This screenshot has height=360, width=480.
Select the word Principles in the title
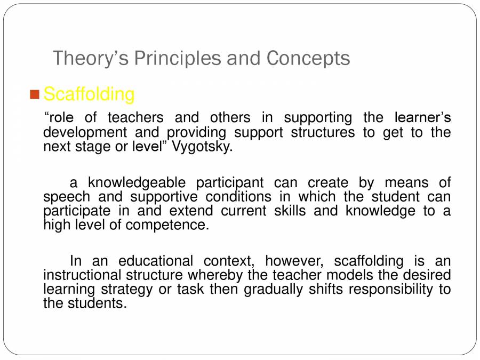[x=178, y=58]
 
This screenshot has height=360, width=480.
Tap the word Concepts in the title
[x=308, y=58]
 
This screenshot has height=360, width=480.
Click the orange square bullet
[x=35, y=94]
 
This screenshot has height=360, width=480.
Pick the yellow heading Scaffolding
[x=89, y=94]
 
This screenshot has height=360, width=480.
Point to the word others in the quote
[x=230, y=117]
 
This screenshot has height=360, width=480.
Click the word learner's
[x=422, y=117]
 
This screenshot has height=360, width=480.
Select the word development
[x=85, y=133]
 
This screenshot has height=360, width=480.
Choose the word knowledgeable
[x=137, y=183]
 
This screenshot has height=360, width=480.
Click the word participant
[x=229, y=183]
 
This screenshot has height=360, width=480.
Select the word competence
[x=167, y=225]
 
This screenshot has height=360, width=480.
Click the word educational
[x=156, y=261]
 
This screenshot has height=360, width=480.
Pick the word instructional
[x=82, y=275]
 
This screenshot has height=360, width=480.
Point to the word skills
[x=290, y=211]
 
